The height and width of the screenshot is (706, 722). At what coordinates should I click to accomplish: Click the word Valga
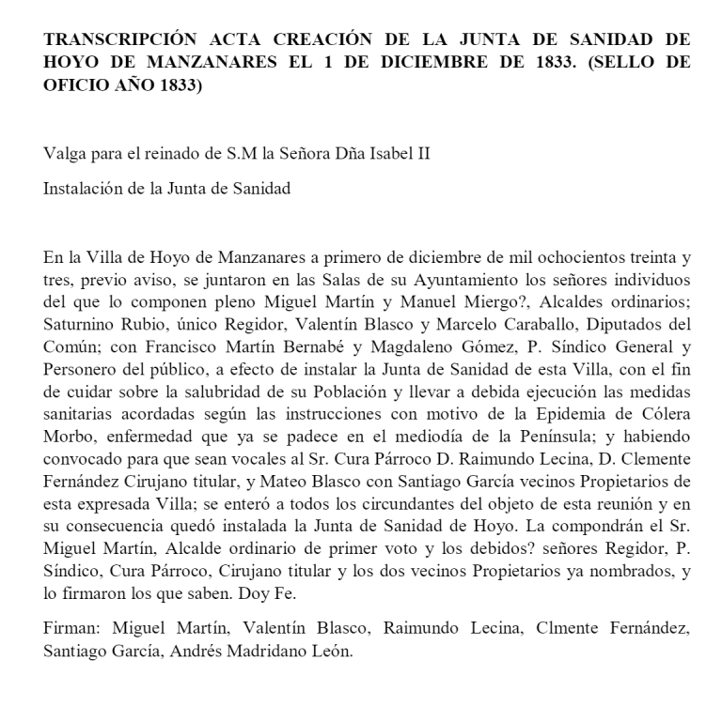coord(63,154)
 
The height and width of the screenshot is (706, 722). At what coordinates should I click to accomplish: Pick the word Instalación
coord(84,188)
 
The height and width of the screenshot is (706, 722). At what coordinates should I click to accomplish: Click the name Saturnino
coord(81,320)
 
